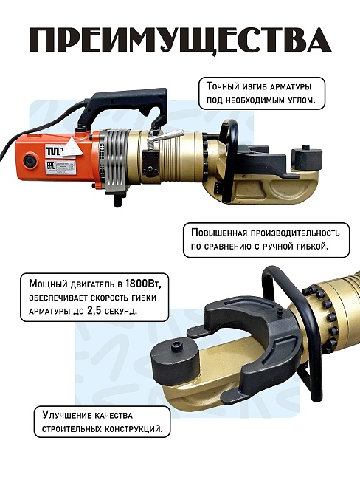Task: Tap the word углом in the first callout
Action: point(302,100)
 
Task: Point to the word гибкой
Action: point(314,247)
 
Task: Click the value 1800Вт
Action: point(143,284)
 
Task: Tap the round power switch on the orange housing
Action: point(29,161)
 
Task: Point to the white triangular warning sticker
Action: point(72,146)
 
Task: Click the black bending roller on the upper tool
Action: point(306,156)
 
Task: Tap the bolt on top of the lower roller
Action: point(177,346)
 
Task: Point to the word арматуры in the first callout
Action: point(291,87)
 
